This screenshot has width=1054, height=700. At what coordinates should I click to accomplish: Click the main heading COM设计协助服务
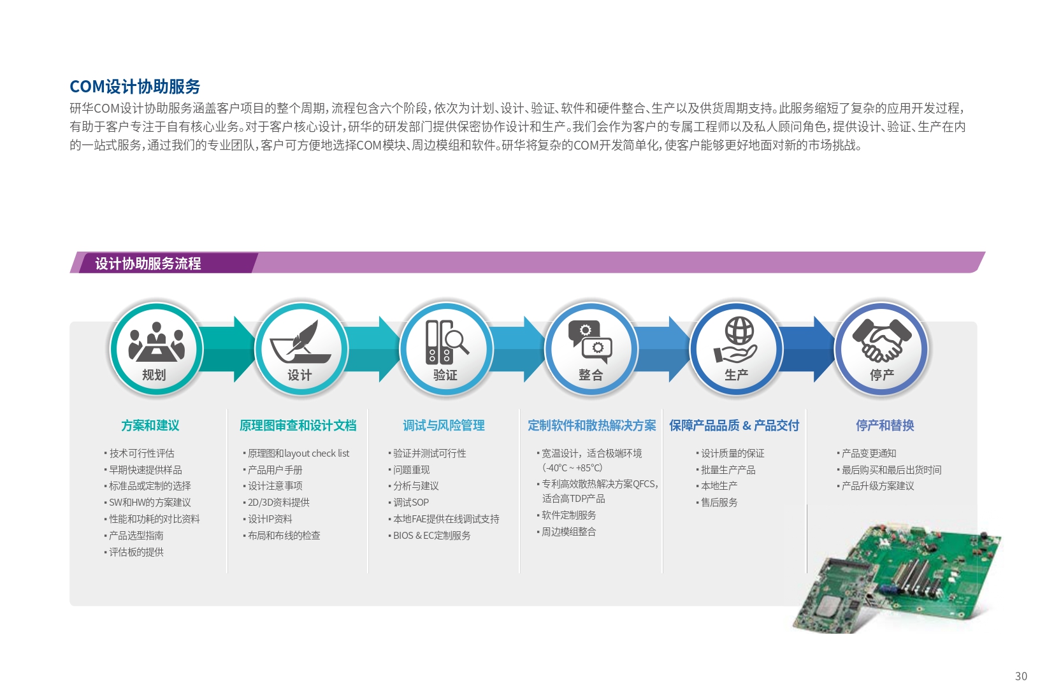[x=135, y=87]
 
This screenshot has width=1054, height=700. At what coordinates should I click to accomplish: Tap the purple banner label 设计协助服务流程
[x=148, y=264]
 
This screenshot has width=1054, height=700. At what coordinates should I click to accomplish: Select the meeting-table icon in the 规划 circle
[x=157, y=342]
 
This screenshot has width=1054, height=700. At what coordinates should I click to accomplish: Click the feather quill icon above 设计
[x=301, y=342]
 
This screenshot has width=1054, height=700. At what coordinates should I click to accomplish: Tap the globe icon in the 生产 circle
[x=739, y=331]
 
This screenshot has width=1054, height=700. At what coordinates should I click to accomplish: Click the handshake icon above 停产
[x=882, y=340]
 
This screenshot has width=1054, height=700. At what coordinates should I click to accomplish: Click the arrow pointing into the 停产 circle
[x=809, y=349]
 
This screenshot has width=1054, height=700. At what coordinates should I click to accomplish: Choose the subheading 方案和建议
[x=150, y=425]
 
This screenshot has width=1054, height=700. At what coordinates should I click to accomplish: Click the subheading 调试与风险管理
[x=444, y=425]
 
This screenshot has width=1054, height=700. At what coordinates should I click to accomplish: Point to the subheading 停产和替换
[x=884, y=425]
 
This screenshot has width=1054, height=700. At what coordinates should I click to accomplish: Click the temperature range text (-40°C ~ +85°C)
[x=572, y=468]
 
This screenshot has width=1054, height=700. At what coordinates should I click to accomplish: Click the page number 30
[x=1021, y=676]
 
